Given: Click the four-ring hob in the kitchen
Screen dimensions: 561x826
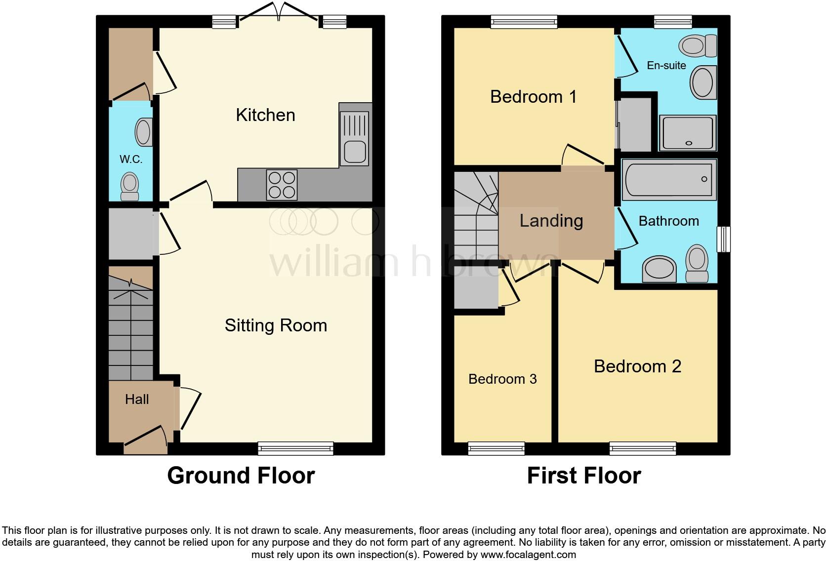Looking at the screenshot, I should (x=282, y=185).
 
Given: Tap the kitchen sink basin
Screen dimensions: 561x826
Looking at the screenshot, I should (x=354, y=151).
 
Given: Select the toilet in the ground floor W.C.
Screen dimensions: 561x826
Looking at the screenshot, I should (x=130, y=186).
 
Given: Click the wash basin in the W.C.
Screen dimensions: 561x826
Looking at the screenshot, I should (x=143, y=132).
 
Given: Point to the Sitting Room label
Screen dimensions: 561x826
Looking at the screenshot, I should (x=276, y=325).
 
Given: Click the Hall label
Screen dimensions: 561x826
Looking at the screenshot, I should (x=137, y=399).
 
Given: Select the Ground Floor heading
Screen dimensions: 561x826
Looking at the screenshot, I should (x=241, y=476).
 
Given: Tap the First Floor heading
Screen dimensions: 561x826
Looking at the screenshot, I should (x=584, y=476).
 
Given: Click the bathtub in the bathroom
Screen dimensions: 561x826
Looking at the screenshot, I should (x=669, y=179).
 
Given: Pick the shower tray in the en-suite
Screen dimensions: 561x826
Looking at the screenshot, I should (x=688, y=132).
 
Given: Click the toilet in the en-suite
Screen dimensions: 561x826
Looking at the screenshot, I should (x=698, y=46).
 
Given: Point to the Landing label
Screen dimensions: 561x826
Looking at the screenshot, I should (x=551, y=221).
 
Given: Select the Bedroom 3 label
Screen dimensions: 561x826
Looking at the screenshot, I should (x=502, y=379).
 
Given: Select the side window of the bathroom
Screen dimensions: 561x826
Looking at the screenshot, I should (x=724, y=239).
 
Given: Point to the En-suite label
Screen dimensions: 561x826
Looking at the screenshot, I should (x=666, y=65).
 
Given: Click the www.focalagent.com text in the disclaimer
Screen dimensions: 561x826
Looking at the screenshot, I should (x=528, y=554).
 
